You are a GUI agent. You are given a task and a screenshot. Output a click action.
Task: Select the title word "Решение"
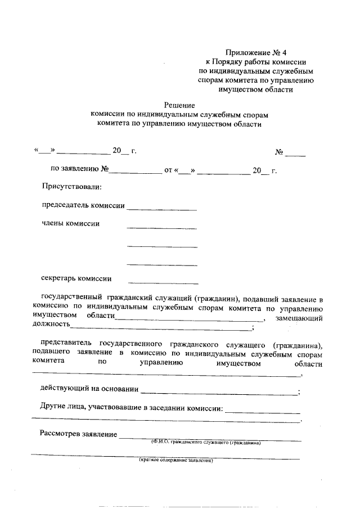tap(179, 105)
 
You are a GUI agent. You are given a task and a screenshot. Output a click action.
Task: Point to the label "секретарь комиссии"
tap(76, 278)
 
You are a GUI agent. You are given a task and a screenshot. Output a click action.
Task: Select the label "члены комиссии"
tap(71, 224)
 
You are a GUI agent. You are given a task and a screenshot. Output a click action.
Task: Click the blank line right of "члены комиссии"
tap(162, 228)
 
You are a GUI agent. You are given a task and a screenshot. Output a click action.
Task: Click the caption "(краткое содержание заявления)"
tap(177, 461)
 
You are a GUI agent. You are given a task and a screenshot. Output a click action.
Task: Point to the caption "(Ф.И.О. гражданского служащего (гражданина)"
tap(205, 443)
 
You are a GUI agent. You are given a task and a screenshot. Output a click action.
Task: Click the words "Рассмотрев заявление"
tap(78, 434)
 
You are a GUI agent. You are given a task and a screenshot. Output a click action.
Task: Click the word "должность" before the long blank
tap(51, 325)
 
